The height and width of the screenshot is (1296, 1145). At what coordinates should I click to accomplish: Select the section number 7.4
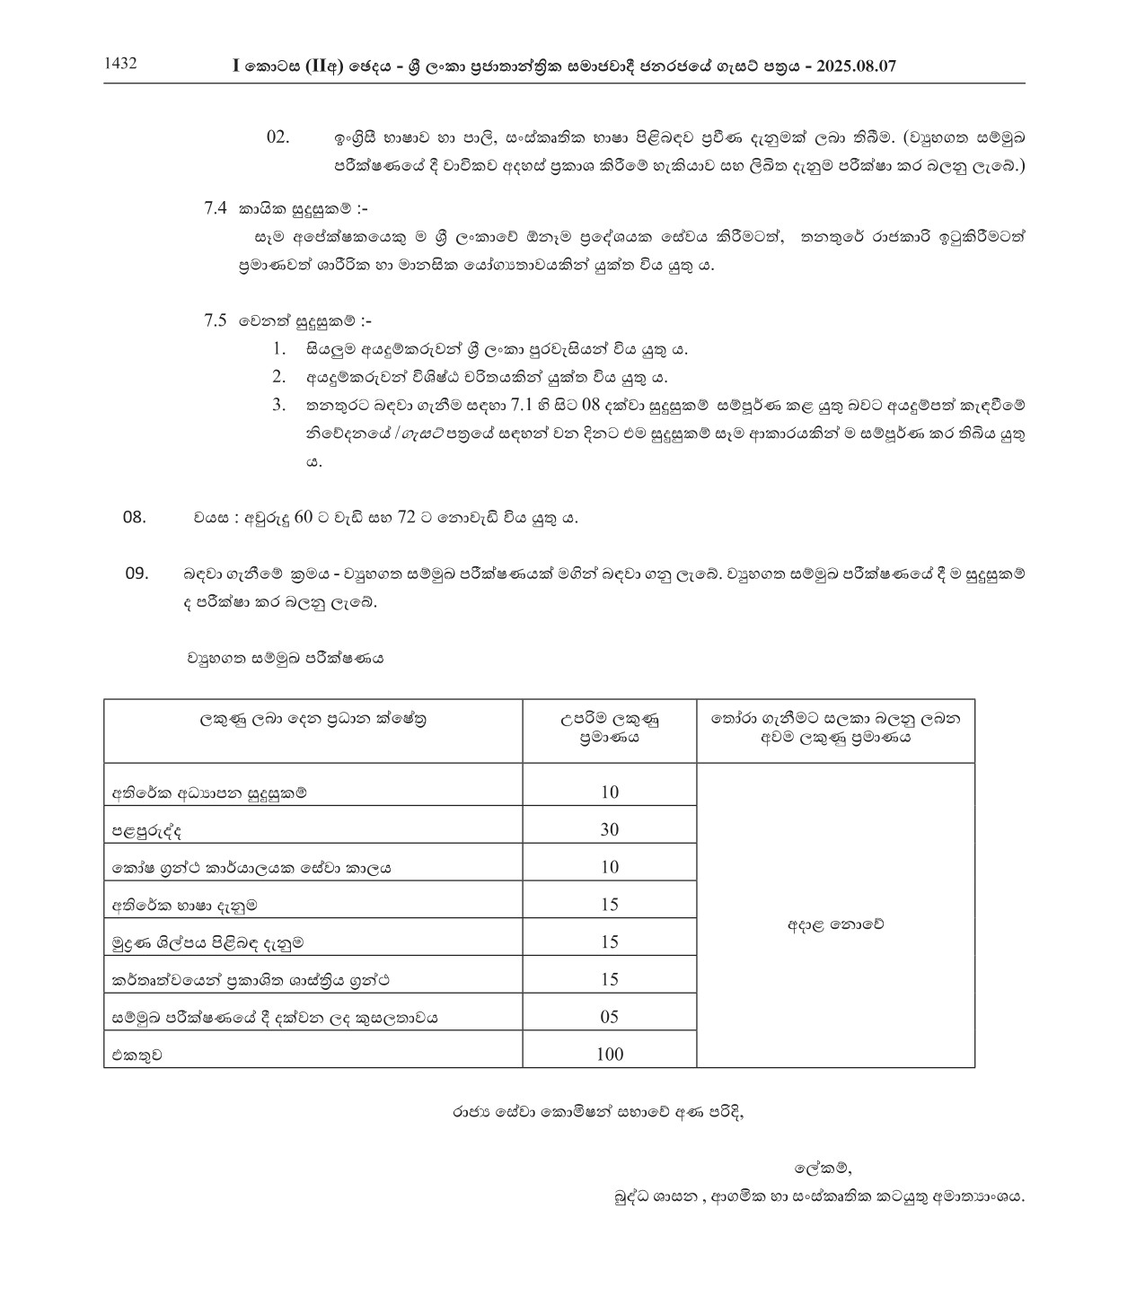click(x=215, y=208)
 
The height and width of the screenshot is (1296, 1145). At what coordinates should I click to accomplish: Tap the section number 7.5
click(x=215, y=320)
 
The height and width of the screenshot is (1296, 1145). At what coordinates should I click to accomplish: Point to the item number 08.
click(x=134, y=517)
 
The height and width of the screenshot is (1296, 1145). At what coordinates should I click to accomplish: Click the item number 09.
click(x=137, y=574)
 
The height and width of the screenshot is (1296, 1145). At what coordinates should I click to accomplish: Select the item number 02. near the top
click(x=278, y=136)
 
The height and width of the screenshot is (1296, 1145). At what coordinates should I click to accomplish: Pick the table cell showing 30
click(x=610, y=829)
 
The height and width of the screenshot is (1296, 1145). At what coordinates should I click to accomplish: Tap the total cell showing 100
click(x=610, y=1054)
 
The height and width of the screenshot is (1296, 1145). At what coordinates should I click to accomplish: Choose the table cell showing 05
click(x=610, y=1017)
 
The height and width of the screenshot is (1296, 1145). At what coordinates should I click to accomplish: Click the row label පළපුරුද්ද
click(x=146, y=831)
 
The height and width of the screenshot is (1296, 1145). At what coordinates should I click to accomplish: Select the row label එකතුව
click(x=137, y=1055)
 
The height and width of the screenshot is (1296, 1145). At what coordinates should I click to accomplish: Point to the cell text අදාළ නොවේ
click(x=835, y=924)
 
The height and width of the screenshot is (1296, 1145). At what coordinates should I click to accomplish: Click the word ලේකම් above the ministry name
click(x=823, y=1168)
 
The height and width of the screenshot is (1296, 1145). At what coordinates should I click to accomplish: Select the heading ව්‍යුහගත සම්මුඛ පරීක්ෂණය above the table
click(x=285, y=657)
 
